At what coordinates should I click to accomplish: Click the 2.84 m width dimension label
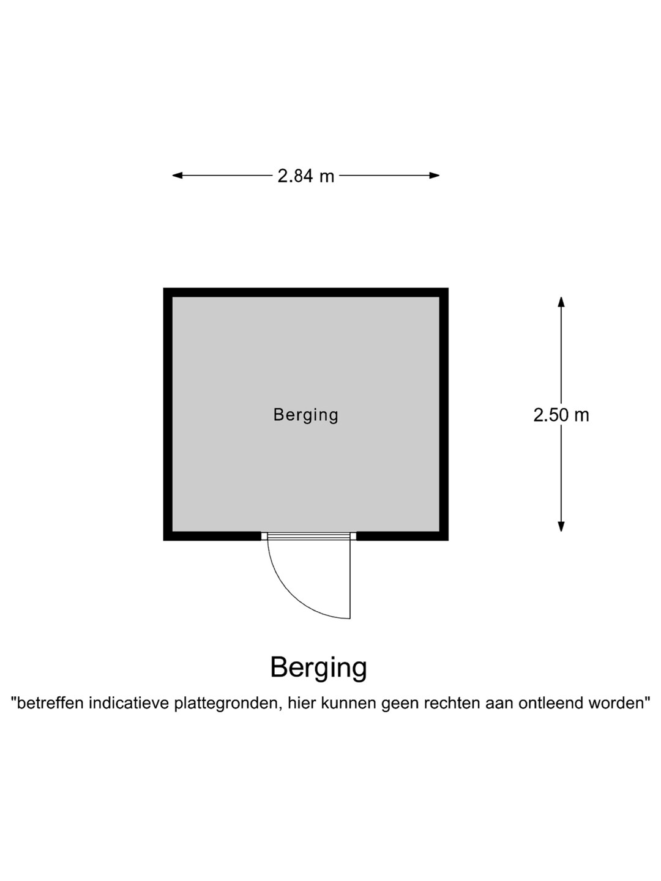tap(306, 176)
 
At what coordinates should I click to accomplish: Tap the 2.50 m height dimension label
tap(561, 415)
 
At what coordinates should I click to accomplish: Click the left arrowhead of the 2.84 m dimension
tap(177, 176)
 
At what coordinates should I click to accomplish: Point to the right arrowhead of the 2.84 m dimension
tap(435, 176)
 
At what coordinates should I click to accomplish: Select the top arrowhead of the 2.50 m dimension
tap(561, 302)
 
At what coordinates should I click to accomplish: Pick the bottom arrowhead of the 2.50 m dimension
tap(561, 527)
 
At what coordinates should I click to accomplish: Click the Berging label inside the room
tap(306, 415)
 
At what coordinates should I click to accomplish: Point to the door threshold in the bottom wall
tap(308, 536)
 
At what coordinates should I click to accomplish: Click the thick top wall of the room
tap(306, 292)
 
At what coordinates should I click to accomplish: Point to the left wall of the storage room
tap(168, 414)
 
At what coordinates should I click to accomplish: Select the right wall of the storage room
tap(444, 414)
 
